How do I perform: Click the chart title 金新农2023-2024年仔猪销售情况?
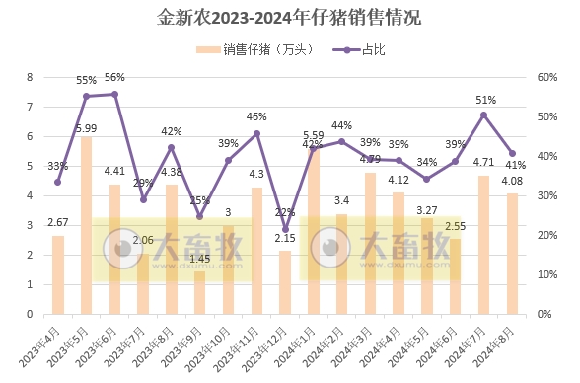tap(290, 18)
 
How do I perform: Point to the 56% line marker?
tap(115, 94)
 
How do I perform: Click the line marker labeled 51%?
tap(484, 115)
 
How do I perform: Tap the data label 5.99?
tap(85, 128)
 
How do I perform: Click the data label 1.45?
tap(199, 259)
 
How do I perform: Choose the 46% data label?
tap(256, 117)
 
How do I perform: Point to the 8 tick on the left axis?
tap(30, 77)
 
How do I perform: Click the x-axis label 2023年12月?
tap(272, 348)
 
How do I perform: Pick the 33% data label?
tap(57, 166)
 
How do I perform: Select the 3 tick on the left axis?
tap(30, 225)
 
